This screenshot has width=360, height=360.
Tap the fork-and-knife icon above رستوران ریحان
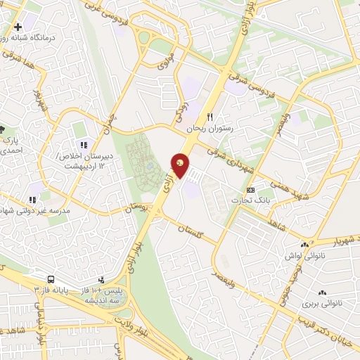click(x=208, y=117)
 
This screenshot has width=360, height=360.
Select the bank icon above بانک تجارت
click(x=250, y=191)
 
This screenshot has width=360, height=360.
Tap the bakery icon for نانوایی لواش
click(x=304, y=244)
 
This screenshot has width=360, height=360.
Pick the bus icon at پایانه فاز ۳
click(x=52, y=278)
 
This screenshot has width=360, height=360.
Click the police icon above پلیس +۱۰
click(x=103, y=279)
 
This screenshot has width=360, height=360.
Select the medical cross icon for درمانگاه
click(x=18, y=26)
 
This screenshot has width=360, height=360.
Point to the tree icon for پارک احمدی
click(x=1, y=129)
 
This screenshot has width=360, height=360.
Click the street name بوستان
click(x=137, y=210)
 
